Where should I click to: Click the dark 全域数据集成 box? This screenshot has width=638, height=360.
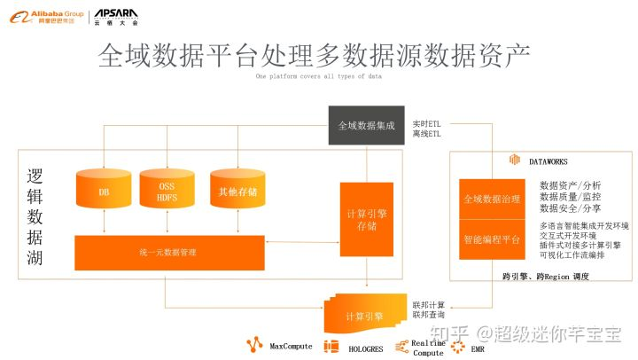coord(367,125)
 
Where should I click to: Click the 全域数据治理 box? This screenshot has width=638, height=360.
coord(492,200)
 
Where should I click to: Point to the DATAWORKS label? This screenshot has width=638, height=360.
coord(548,162)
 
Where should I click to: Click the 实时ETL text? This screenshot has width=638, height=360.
coord(427,122)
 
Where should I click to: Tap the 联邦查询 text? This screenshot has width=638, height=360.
coord(429,315)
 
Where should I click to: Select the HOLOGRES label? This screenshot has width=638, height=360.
coord(364,348)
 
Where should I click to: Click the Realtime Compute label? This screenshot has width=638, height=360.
coord(429,348)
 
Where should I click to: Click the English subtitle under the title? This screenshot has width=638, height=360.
coord(319,77)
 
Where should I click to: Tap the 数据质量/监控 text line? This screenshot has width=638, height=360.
coord(570,196)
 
